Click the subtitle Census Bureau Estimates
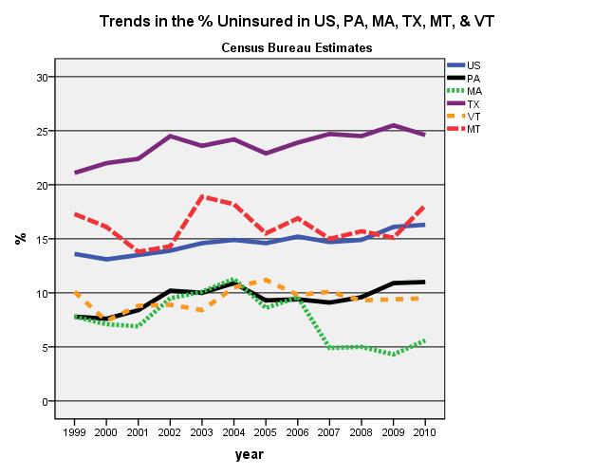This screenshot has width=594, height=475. tap(296, 46)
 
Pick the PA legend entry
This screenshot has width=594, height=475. tap(473, 78)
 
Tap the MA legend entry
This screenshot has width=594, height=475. tap(474, 90)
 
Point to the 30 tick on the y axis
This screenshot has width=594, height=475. tap(42, 77)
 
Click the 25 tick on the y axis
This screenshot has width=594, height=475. tap(42, 131)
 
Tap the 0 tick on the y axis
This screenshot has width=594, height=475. tap(45, 402)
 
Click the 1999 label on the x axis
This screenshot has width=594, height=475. tap(75, 432)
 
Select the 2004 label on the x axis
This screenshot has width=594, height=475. tap(232, 432)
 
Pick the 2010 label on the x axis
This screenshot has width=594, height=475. tap(422, 432)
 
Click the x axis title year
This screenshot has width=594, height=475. tap(249, 455)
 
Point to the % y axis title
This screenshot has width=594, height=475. tap(18, 239)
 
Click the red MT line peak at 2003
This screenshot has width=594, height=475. tap(201, 196)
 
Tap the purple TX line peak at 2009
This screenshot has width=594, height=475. tap(391, 125)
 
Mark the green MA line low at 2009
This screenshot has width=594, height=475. tap(391, 355)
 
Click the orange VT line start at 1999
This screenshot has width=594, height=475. tap(75, 293)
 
